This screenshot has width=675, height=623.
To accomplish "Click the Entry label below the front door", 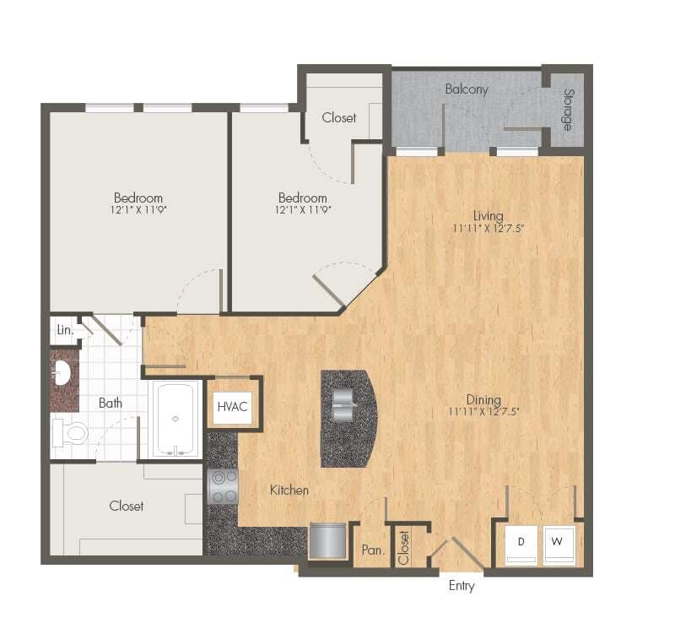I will tap(462, 585).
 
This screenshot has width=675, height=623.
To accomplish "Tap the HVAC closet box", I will tap(232, 406).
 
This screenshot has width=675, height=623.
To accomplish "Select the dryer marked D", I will tap(521, 544).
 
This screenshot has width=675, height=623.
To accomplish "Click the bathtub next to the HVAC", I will tap(175, 419).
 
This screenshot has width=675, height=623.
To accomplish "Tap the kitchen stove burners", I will tap(223, 487).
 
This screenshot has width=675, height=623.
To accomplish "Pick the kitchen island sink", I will tap(344, 404).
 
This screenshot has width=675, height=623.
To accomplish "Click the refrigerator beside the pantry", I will tap(328, 540).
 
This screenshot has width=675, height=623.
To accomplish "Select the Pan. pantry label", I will tap(373, 550).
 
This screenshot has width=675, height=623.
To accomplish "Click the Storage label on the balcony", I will tap(569, 110).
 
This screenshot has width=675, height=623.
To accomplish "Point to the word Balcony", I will tap(467, 89).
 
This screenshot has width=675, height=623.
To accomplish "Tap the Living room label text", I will tap(488, 216).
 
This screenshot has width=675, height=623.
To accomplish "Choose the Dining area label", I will tap(483, 399).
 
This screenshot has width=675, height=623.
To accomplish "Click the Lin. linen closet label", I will tap(64, 330).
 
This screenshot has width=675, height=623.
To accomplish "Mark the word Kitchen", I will tap(289, 490).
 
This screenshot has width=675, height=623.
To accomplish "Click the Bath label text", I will tap(111, 403).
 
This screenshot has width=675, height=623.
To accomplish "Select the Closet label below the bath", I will tap(126, 506).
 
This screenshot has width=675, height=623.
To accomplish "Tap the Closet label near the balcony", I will tap(339, 117).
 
